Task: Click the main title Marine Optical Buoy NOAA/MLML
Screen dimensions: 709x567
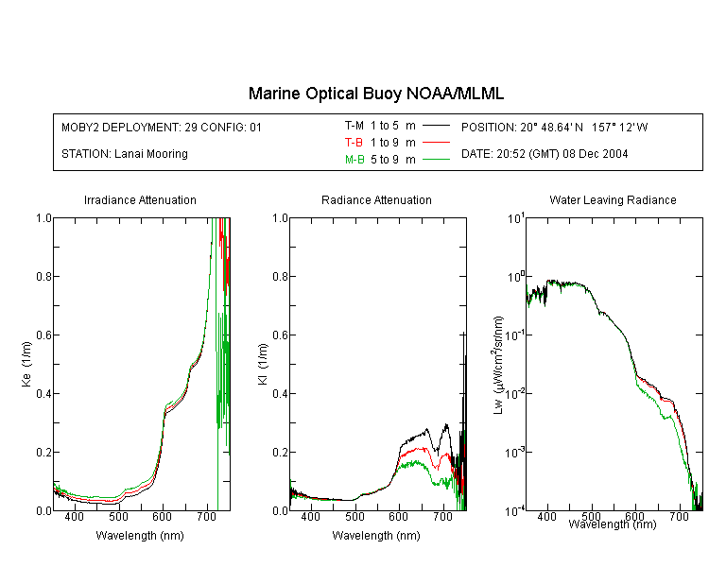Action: (375, 94)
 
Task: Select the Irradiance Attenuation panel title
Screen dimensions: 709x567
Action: (140, 199)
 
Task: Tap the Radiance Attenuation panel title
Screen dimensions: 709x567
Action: (376, 199)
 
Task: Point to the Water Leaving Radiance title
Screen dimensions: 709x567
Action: (613, 199)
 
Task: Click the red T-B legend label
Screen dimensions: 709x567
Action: (354, 143)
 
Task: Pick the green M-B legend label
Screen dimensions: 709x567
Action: (354, 160)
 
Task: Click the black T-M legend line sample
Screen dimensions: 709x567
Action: (436, 126)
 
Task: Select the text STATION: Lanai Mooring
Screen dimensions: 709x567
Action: (125, 154)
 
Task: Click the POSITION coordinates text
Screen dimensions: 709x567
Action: (554, 127)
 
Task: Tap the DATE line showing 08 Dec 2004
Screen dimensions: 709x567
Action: (545, 154)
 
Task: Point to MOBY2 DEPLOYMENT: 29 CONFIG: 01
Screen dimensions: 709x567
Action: (162, 127)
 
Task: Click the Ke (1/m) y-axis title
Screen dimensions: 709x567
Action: (26, 364)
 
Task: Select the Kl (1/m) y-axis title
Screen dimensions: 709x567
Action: (262, 364)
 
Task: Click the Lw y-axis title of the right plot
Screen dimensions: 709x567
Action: (498, 365)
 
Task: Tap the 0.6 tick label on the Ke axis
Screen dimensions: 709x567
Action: (43, 335)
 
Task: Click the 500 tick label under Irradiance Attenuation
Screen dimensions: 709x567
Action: (118, 516)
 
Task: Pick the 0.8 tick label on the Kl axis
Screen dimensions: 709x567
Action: (280, 276)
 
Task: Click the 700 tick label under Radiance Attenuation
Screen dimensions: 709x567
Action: (442, 516)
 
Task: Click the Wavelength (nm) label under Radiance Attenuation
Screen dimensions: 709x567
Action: (376, 536)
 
